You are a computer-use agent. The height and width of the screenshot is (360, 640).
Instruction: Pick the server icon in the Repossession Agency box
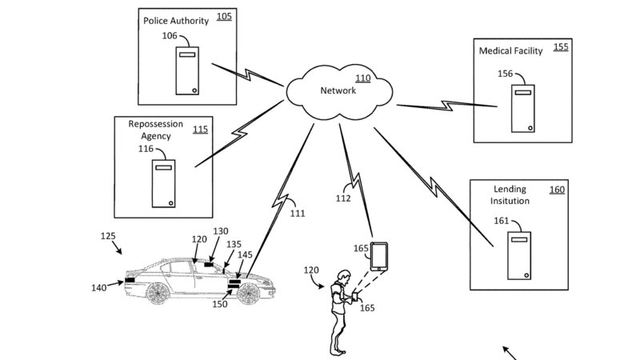pos(165,183)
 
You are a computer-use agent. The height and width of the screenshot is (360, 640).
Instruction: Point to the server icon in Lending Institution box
pos(520,257)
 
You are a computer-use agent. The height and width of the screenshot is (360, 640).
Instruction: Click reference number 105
pos(224,15)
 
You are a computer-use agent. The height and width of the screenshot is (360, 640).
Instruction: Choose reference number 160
pos(556,190)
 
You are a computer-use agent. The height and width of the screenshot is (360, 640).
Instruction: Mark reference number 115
pos(199,129)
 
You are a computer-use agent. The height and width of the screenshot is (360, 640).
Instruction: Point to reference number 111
pos(298,214)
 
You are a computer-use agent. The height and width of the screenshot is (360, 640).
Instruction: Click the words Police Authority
pos(176,19)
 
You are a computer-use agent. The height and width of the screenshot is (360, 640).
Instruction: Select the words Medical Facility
pos(510,51)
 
